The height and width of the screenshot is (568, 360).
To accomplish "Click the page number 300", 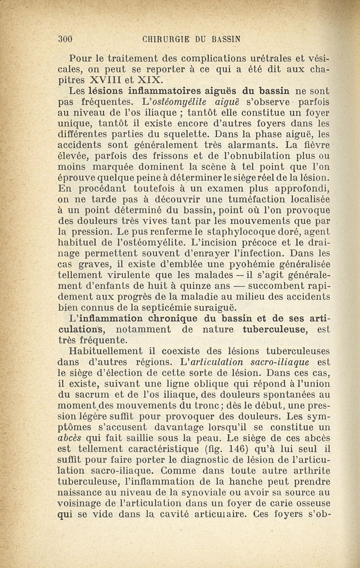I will pyautogui.click(x=66, y=39).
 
